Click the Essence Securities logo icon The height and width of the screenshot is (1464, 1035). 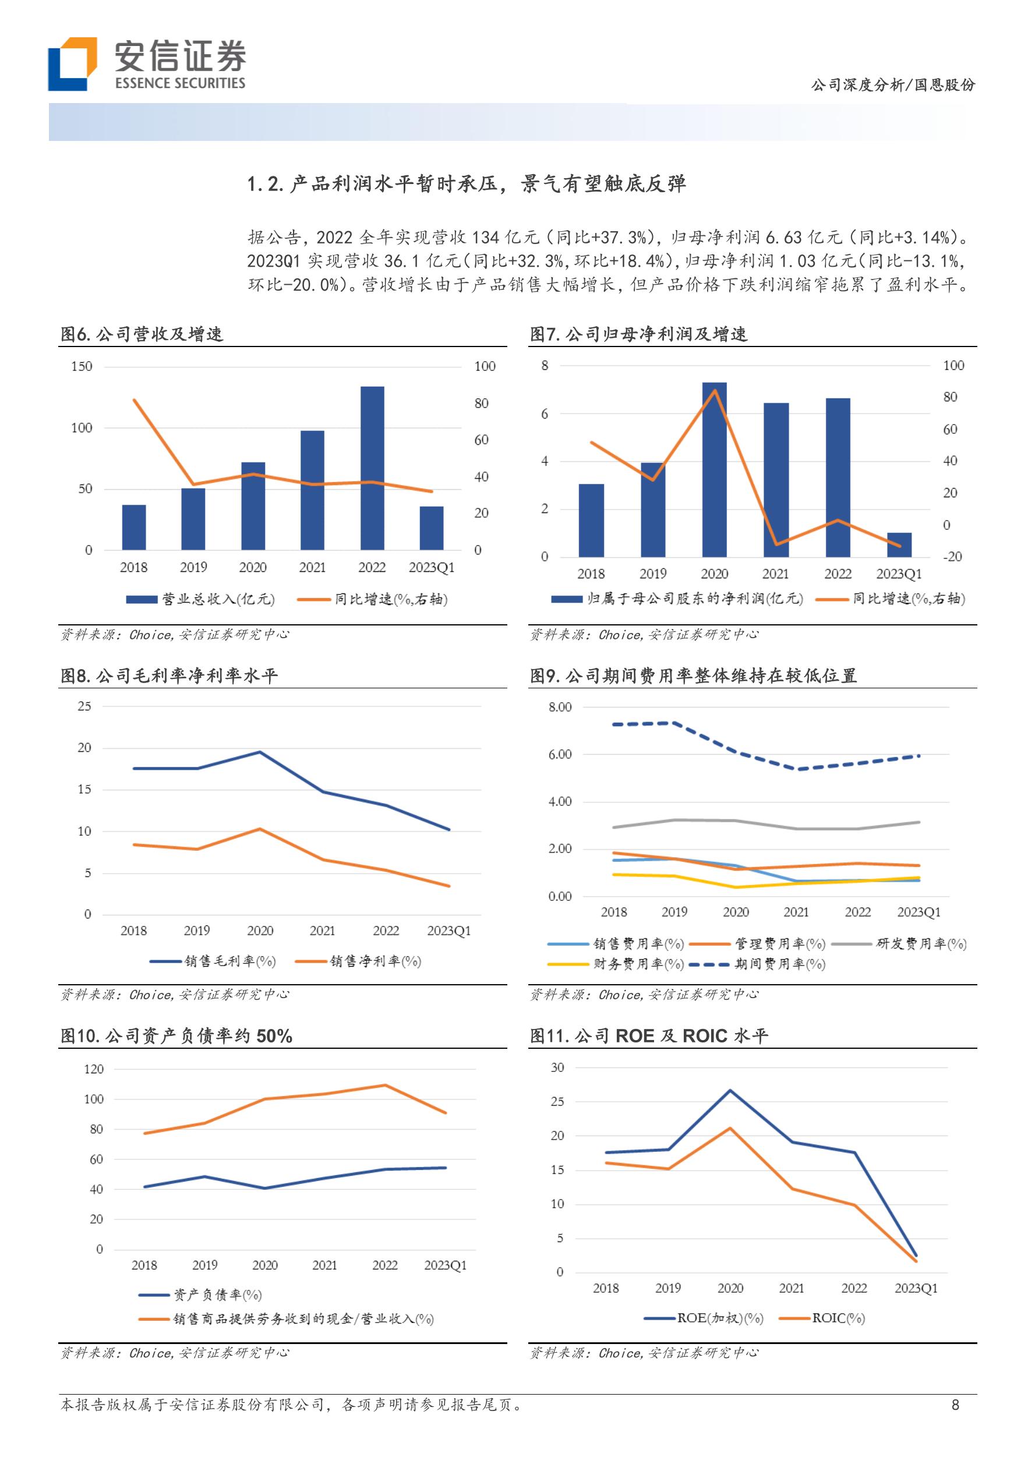(x=72, y=63)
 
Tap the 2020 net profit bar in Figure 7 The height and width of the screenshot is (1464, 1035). (x=714, y=469)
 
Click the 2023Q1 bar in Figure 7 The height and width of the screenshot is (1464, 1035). (x=899, y=544)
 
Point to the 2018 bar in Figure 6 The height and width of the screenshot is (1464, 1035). (x=134, y=528)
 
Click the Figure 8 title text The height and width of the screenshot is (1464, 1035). (x=169, y=676)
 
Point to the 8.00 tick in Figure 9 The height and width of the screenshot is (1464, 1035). (x=560, y=707)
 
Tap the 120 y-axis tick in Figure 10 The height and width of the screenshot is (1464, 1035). (x=94, y=1069)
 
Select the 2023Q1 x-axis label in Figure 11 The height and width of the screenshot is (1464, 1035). (x=916, y=1288)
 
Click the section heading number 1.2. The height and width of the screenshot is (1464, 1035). (x=264, y=184)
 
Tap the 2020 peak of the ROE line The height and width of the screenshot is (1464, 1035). (x=730, y=1090)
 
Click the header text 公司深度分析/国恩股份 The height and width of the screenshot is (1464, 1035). (x=893, y=85)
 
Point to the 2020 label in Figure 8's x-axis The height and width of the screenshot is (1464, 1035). (x=260, y=931)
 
